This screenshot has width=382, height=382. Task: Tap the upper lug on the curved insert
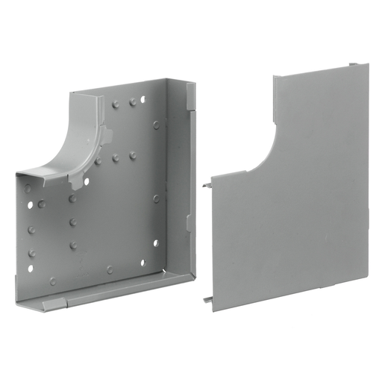click(x=107, y=137)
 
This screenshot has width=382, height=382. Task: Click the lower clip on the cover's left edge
click(x=205, y=299)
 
